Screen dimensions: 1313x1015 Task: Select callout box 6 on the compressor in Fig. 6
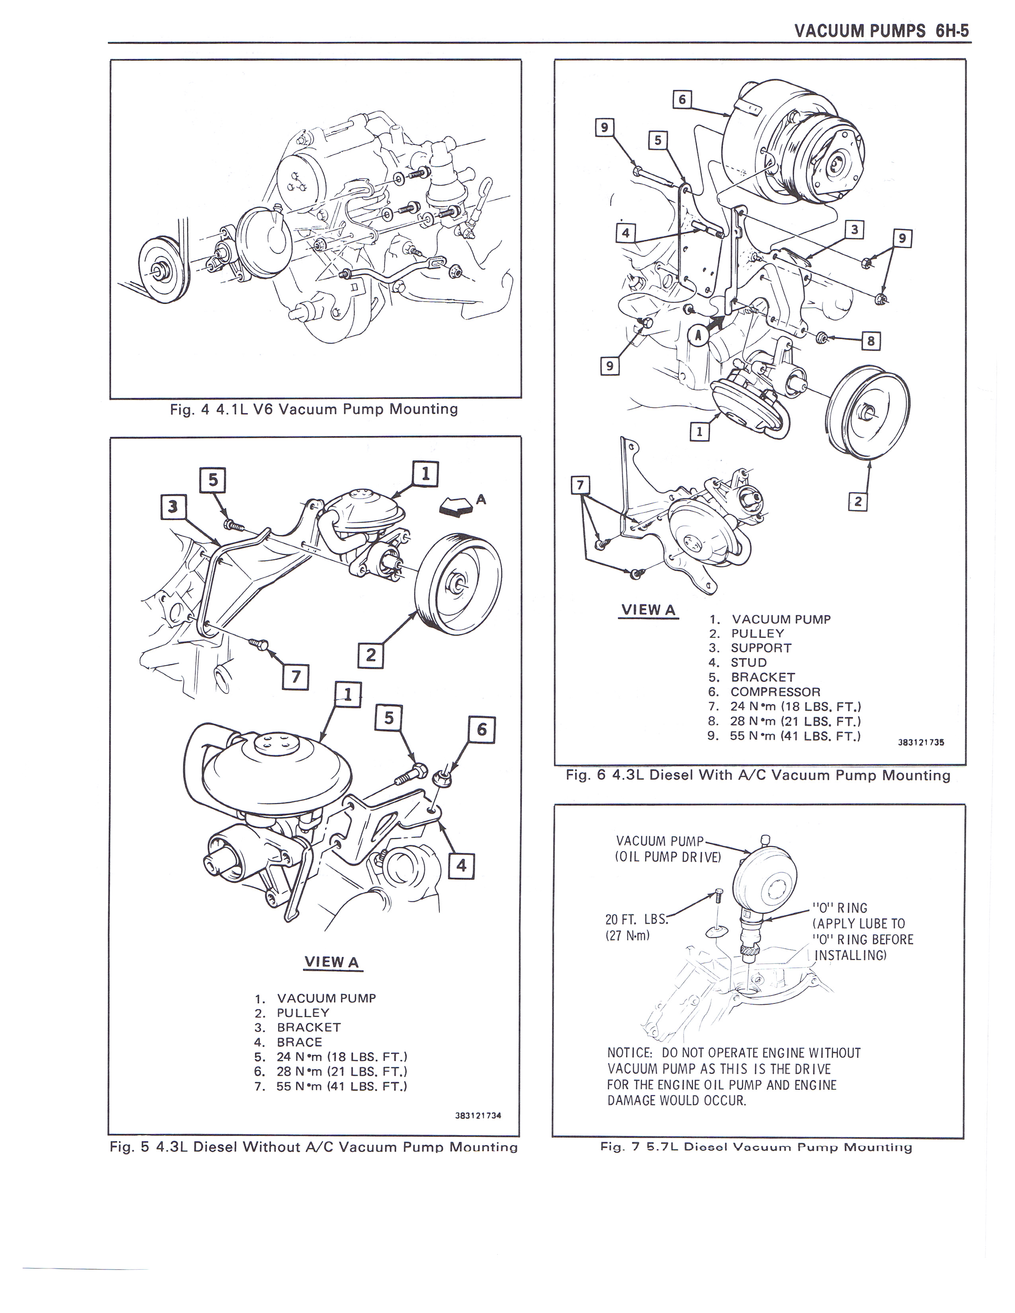coord(682,99)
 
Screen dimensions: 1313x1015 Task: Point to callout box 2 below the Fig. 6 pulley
coord(857,501)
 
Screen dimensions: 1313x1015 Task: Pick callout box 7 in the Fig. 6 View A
coord(580,485)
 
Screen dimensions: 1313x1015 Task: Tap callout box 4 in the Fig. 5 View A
coord(461,866)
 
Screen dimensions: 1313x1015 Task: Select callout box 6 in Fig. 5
coord(482,730)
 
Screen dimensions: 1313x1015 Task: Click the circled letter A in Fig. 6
coord(698,337)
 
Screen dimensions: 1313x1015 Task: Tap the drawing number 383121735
coord(921,742)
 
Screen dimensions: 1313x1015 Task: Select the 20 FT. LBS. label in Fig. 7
coord(637,919)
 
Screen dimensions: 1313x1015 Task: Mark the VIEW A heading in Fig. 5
coord(332,961)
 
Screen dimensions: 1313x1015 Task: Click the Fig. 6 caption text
coord(757,775)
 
